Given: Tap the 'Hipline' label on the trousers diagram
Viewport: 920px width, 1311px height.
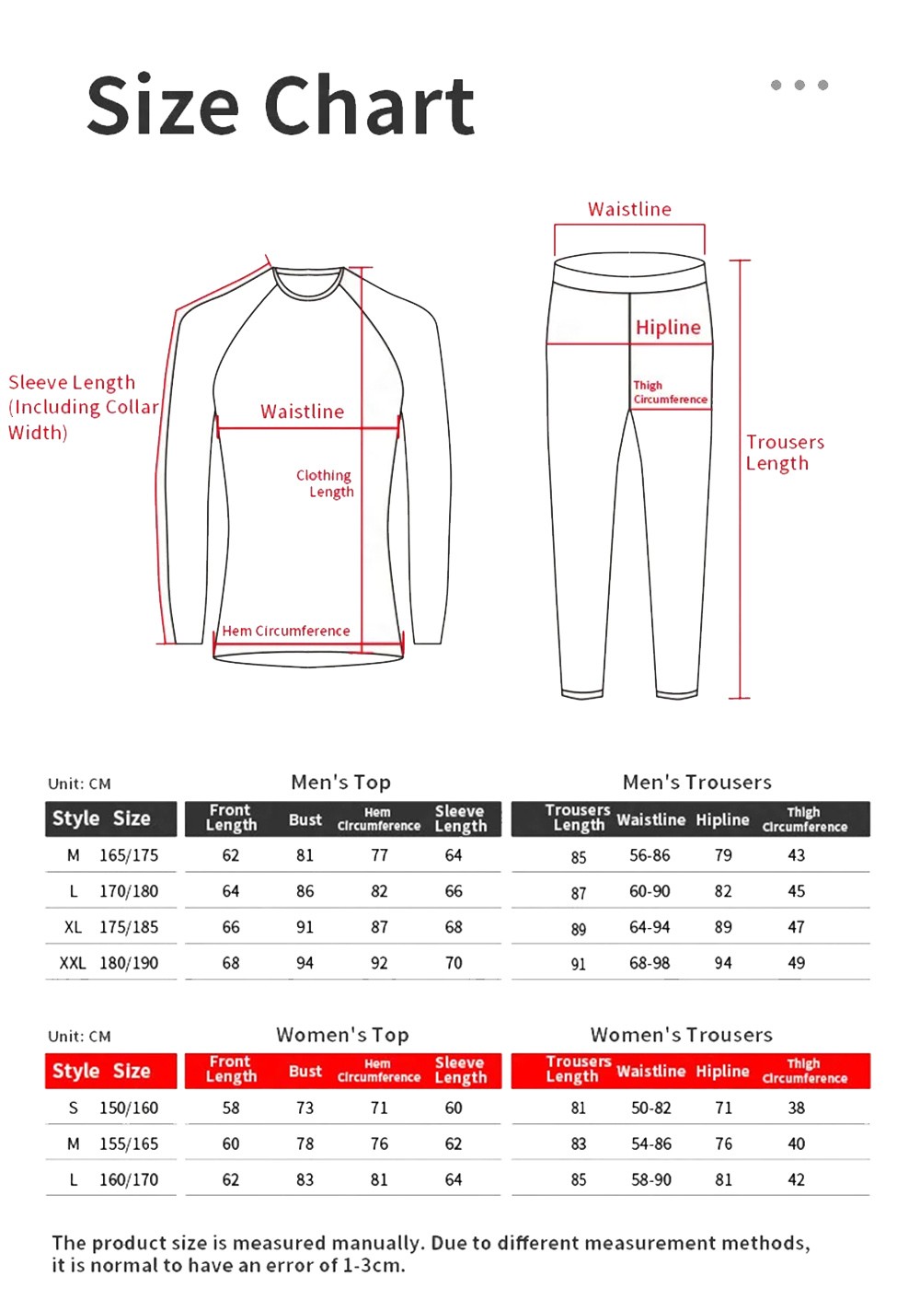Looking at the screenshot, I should [668, 327].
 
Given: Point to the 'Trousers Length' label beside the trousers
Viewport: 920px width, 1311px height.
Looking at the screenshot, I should [784, 452].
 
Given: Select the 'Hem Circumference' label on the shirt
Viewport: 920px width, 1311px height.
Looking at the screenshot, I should [286, 631].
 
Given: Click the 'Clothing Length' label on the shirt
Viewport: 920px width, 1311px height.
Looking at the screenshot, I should [325, 483].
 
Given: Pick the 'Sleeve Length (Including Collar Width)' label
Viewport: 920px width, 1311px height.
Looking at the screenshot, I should [83, 407].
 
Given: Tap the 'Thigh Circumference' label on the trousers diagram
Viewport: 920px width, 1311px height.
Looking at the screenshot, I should [670, 392].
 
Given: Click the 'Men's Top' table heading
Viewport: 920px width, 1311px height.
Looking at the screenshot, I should [340, 782].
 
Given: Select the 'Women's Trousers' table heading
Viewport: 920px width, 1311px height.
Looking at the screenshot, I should [681, 1034].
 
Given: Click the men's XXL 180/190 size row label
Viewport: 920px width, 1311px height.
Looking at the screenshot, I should [109, 963].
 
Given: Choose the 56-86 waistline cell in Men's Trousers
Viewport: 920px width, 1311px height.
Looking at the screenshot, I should [650, 855].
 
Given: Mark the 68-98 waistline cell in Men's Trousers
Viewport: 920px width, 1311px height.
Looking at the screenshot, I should [650, 963].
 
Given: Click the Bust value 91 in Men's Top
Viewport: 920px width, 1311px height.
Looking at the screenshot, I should [305, 927].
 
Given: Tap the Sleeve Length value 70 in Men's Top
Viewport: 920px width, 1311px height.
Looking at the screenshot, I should [454, 963].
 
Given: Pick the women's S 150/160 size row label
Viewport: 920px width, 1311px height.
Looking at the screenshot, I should [113, 1108].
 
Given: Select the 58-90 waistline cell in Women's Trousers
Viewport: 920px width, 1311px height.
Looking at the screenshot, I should [651, 1179].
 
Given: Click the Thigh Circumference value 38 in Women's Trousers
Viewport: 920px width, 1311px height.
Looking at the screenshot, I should [797, 1108].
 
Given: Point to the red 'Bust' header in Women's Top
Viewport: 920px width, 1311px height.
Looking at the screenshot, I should [305, 1071].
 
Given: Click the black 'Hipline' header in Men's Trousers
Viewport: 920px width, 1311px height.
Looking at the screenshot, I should [722, 819].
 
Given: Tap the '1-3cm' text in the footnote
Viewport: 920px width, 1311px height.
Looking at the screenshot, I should [373, 1266].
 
